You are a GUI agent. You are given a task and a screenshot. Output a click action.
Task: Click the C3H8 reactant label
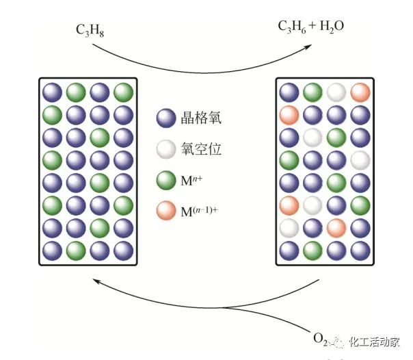(x=90, y=29)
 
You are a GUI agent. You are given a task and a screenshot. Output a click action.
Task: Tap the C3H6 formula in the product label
(x=291, y=27)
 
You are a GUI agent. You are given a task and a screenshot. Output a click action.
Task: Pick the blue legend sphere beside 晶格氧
(x=165, y=118)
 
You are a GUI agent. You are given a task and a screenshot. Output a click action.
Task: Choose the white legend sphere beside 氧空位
(x=165, y=149)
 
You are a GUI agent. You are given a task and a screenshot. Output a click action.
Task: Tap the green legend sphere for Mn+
(x=165, y=181)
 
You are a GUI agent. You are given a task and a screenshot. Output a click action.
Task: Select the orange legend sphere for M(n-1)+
(x=165, y=213)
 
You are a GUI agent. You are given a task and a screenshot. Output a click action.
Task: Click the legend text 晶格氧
(x=201, y=118)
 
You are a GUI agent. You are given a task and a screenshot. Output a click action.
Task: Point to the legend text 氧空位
(x=201, y=149)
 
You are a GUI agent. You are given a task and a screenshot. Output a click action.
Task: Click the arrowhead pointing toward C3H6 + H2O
(x=308, y=47)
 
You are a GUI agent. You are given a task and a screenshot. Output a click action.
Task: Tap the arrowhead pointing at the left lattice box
(x=97, y=279)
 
